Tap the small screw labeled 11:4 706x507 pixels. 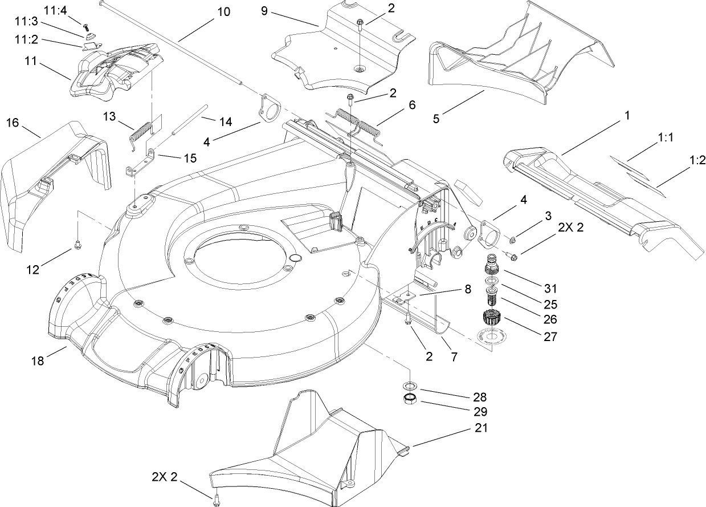(87, 26)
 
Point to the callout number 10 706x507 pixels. (224, 11)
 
